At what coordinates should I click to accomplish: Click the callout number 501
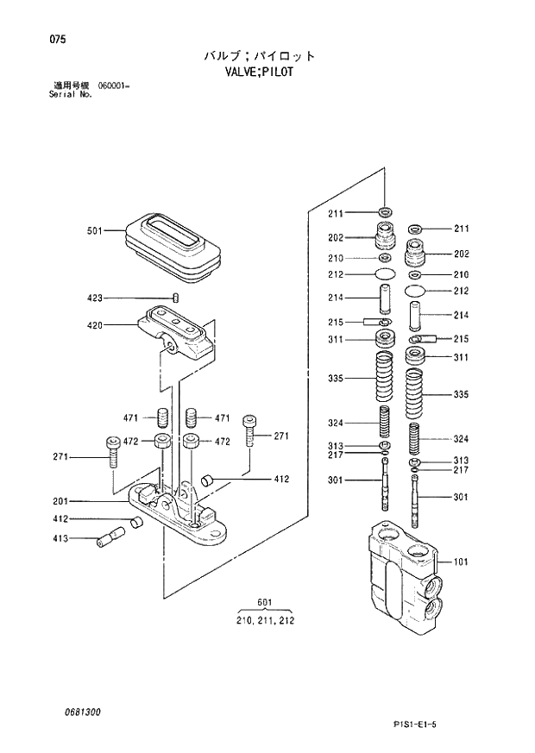click(x=94, y=230)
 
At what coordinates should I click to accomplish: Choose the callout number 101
click(x=461, y=562)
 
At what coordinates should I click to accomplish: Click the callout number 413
click(x=60, y=538)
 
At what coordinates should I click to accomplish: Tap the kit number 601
click(x=264, y=603)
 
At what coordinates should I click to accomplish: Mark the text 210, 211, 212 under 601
click(x=264, y=620)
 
